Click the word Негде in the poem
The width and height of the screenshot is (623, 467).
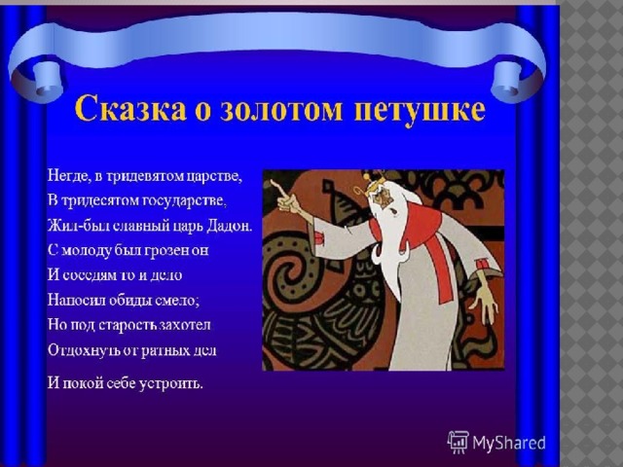point(69,176)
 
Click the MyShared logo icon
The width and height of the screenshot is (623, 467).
point(458,442)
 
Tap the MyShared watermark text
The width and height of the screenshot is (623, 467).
point(509,443)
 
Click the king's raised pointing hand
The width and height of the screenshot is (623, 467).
point(287,198)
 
